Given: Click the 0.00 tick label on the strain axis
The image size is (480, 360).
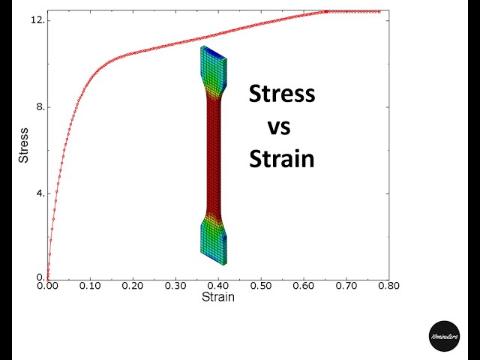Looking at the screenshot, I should [x=47, y=286].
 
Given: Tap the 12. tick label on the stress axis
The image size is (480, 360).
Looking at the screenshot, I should [x=37, y=20].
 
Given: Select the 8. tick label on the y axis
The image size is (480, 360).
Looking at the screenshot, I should [x=40, y=107].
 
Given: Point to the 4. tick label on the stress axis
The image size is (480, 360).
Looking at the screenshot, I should [x=40, y=193].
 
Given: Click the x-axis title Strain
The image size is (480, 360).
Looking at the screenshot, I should [x=217, y=298].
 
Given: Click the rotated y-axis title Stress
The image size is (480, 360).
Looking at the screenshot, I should [x=24, y=147].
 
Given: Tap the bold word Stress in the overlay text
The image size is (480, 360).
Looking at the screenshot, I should [x=282, y=95].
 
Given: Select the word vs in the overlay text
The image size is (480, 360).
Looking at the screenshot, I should [x=279, y=127].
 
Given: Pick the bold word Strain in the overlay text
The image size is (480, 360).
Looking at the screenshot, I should [x=281, y=159].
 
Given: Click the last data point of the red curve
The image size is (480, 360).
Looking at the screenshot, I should [x=379, y=11].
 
